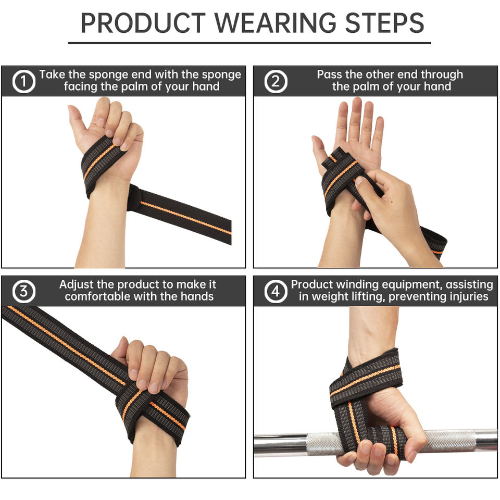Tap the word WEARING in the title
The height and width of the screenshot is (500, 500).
(x=276, y=23)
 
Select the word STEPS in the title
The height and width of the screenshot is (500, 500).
(x=384, y=23)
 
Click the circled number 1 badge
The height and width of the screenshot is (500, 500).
(x=23, y=81)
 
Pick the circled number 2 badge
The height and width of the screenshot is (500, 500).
(x=276, y=81)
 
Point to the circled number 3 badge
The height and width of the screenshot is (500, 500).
(x=23, y=292)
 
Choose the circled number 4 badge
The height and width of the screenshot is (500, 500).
(x=276, y=292)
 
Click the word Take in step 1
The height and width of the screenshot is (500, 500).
(x=52, y=74)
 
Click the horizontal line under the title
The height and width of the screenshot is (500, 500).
(x=249, y=42)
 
